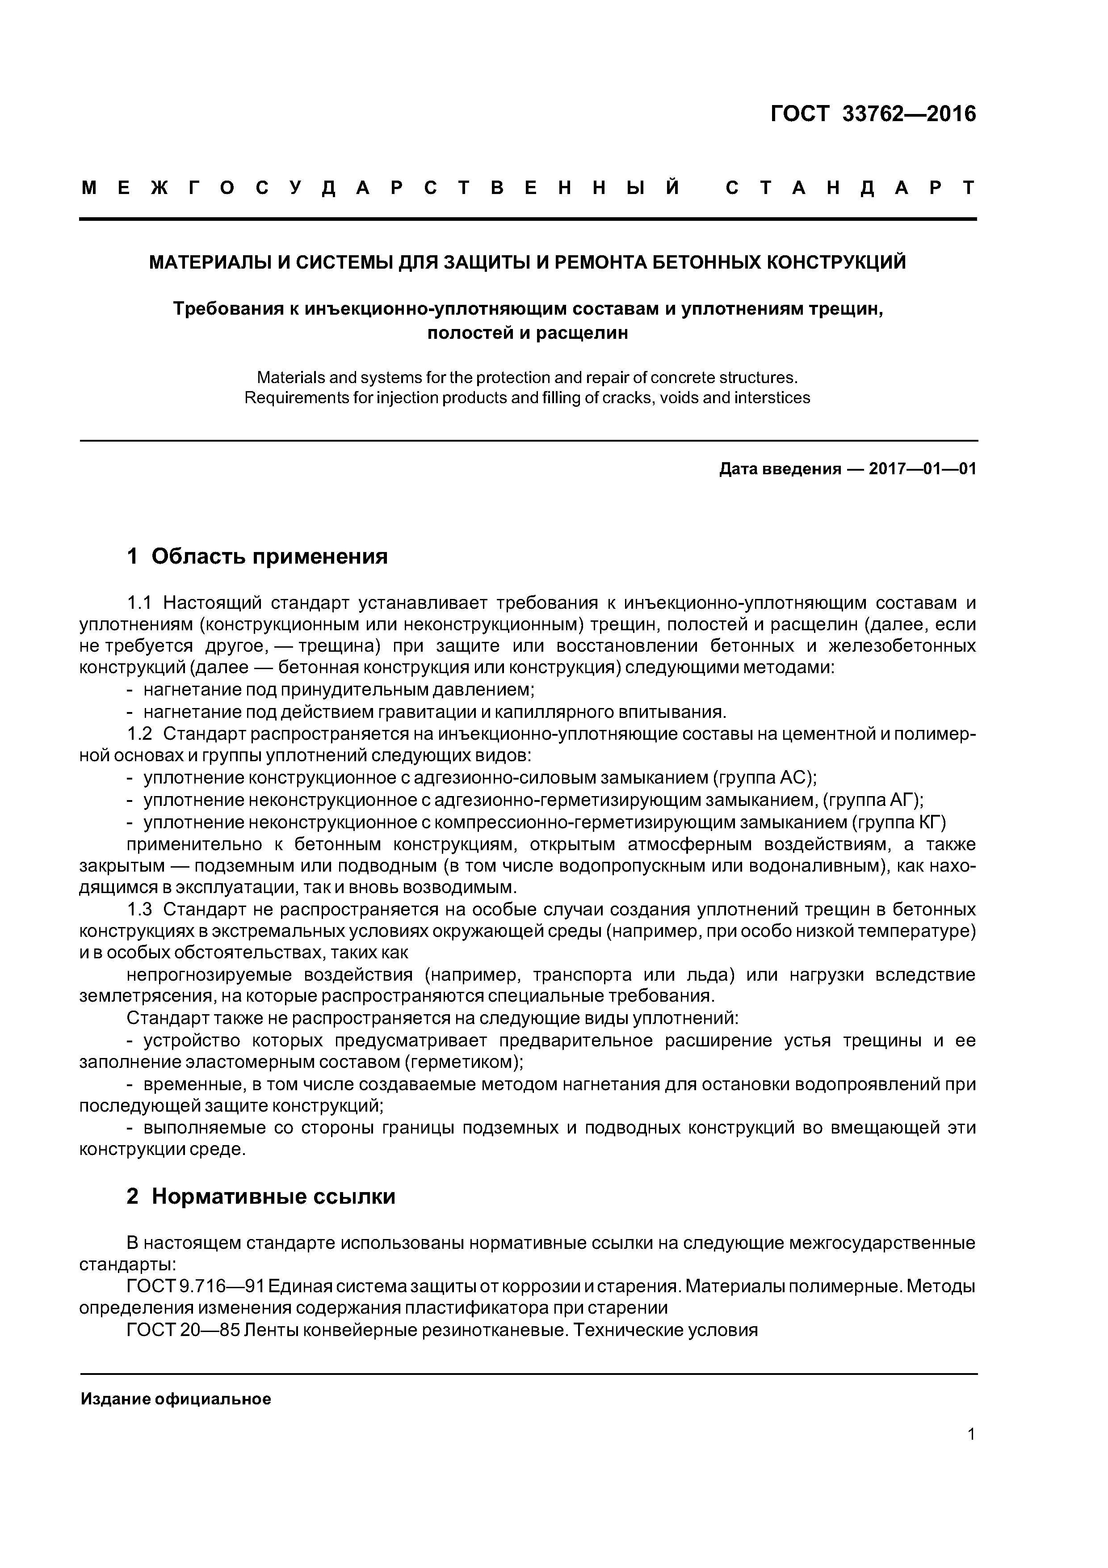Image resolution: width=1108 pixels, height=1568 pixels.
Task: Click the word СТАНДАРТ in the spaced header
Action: (x=851, y=188)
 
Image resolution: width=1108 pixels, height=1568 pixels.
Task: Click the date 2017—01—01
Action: (x=922, y=469)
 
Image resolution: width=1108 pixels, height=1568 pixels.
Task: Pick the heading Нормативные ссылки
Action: (x=273, y=1197)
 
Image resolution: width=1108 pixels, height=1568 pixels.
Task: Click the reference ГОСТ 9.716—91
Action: (x=194, y=1287)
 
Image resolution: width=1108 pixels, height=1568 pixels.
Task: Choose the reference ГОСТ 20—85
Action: (x=183, y=1330)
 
